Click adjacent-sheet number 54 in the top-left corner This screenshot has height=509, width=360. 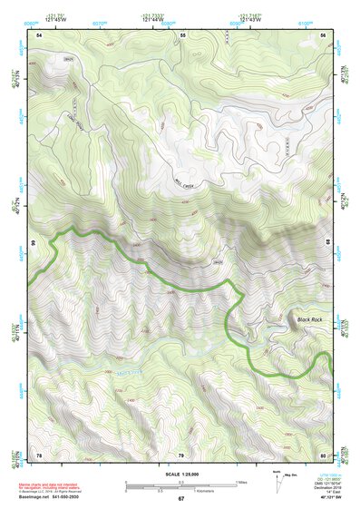[39, 34]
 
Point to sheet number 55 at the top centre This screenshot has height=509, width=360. [182, 34]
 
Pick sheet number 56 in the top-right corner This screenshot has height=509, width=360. [323, 34]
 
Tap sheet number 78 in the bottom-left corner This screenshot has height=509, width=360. [39, 454]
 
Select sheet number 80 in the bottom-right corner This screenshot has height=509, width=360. [323, 454]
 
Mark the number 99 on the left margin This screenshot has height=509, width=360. [32, 244]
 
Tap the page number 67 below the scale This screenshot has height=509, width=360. [180, 498]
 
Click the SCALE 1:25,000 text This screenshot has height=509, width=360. [180, 474]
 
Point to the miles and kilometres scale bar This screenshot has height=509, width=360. [180, 485]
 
